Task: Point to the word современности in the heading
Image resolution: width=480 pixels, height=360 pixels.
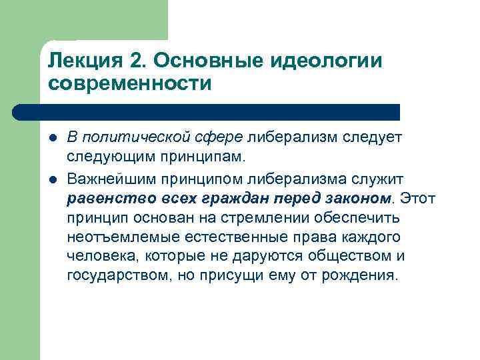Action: (129, 85)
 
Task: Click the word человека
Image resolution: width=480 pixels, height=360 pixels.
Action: (97, 256)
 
